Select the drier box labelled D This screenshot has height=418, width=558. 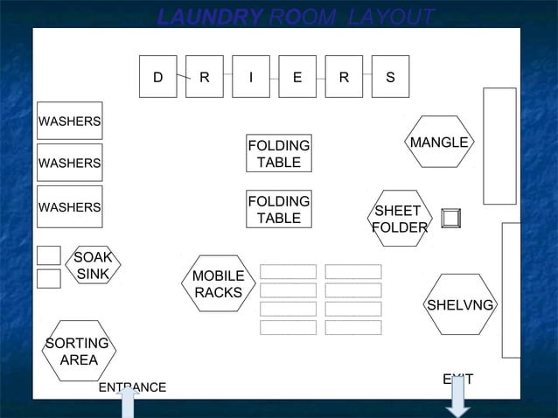(158, 77)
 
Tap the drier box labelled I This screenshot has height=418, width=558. (251, 77)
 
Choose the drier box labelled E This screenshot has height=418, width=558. (297, 77)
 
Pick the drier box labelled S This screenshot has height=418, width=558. (390, 77)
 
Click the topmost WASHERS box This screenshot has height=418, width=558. (69, 121)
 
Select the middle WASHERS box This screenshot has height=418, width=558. (69, 163)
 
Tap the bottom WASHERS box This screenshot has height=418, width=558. (69, 207)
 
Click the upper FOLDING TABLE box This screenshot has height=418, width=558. (279, 154)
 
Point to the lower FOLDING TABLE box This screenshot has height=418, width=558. (279, 210)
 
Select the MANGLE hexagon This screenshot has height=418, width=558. (440, 142)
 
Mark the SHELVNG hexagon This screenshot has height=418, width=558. (460, 304)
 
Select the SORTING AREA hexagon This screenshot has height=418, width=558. (79, 352)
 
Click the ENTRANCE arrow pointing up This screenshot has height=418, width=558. (129, 404)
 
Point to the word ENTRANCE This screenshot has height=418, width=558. (132, 387)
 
